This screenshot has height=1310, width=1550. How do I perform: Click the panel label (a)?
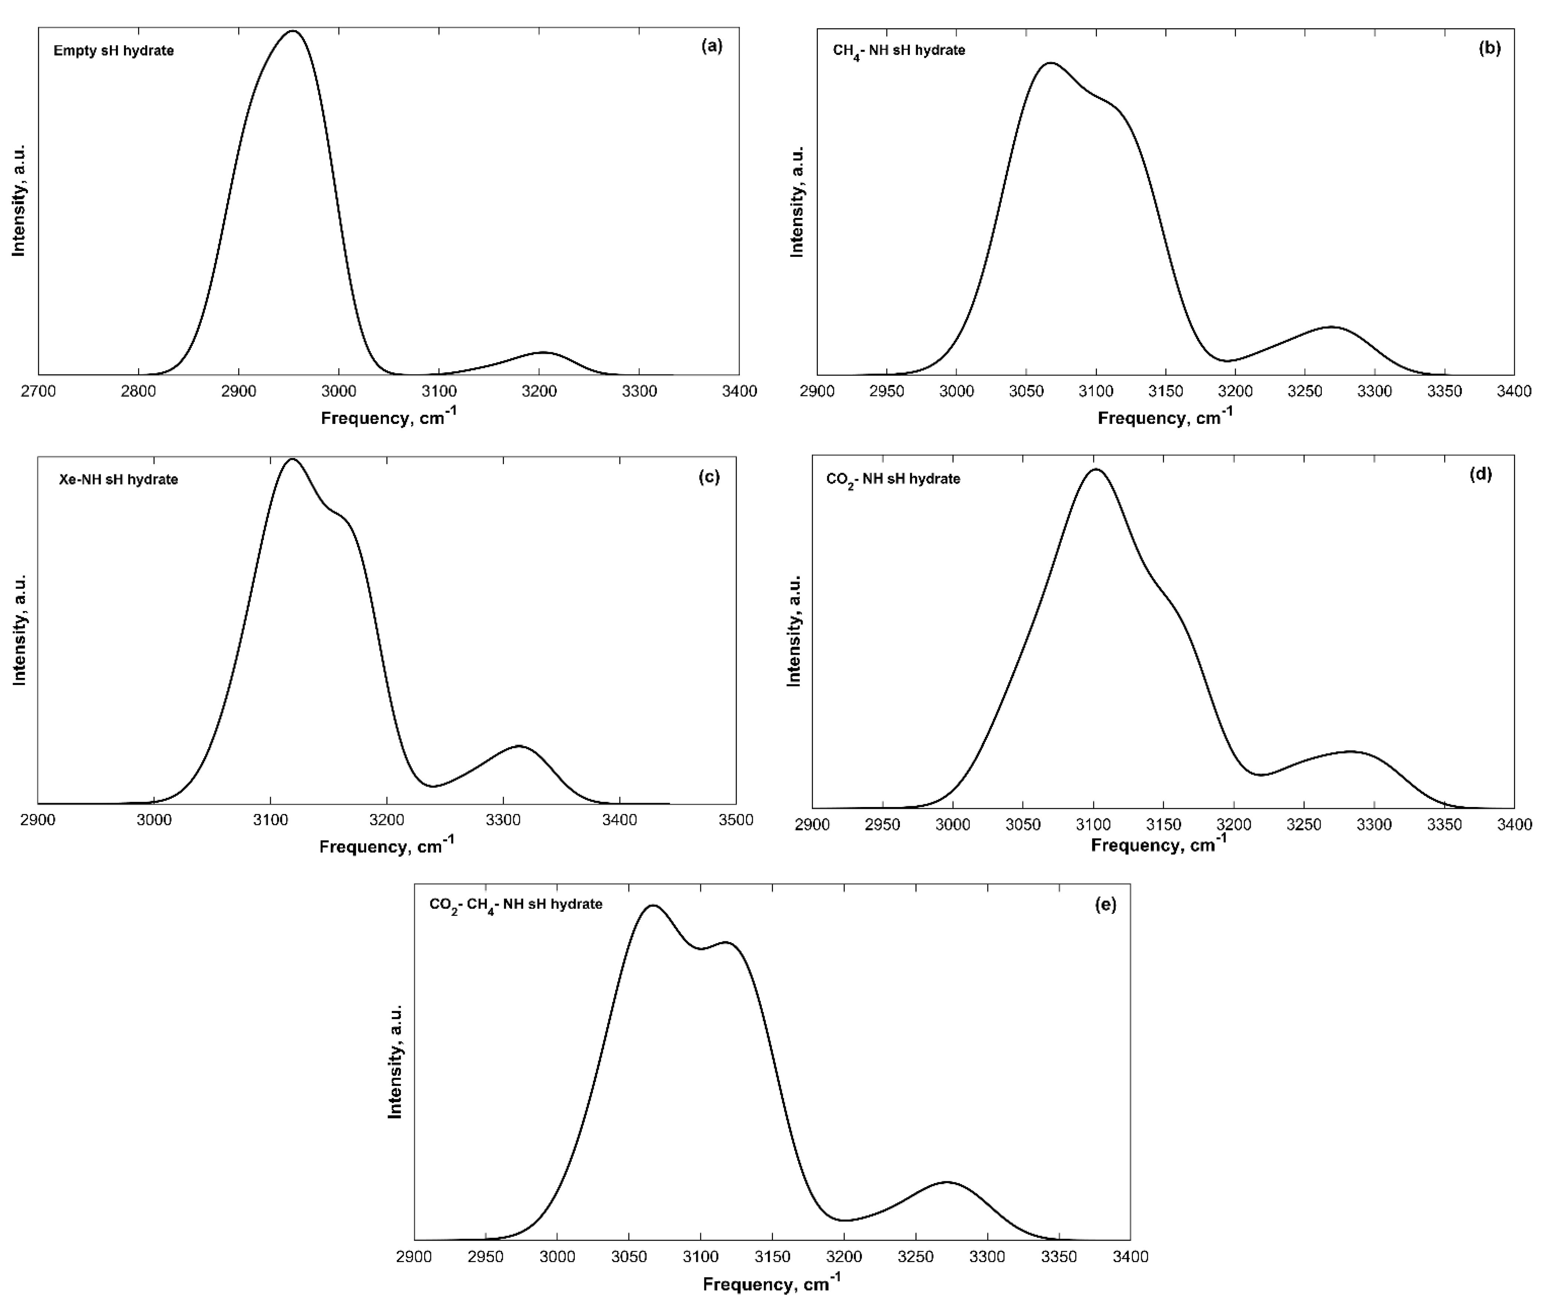click(711, 46)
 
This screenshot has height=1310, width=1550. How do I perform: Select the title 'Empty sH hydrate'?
click(114, 50)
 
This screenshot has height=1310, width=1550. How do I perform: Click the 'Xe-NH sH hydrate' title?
click(119, 479)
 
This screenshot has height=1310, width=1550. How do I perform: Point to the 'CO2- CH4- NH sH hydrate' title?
click(516, 905)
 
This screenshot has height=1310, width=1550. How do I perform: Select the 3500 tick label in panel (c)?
click(735, 820)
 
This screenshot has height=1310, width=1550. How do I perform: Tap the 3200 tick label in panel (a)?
click(539, 391)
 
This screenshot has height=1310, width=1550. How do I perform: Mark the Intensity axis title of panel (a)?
click(19, 200)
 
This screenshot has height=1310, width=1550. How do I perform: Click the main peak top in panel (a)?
click(293, 31)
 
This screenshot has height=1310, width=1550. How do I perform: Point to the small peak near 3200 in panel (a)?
click(543, 352)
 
